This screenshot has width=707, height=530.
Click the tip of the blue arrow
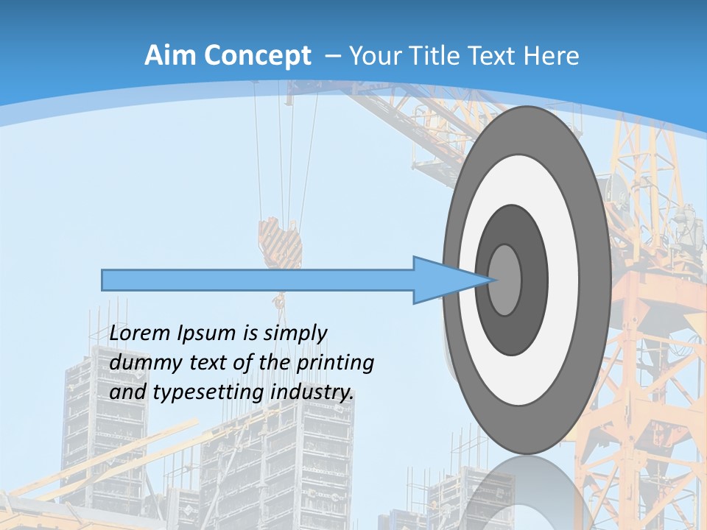(x=492, y=280)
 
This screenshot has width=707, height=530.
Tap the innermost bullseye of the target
(x=505, y=280)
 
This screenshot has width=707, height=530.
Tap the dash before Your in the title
(x=332, y=56)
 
